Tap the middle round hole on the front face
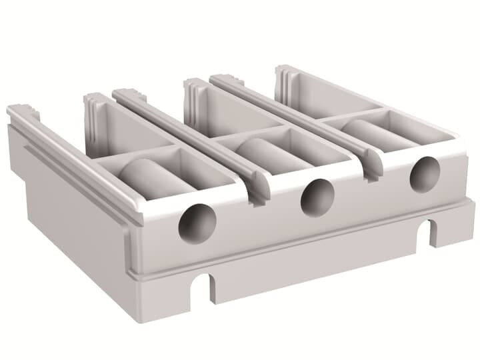coord(317,198)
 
